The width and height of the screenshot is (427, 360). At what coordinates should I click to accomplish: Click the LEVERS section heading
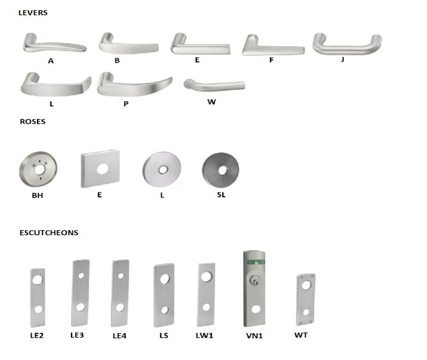tap(33, 13)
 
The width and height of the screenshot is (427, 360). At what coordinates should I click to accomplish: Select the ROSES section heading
tap(32, 121)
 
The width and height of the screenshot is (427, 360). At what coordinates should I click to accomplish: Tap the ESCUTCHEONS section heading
tap(49, 233)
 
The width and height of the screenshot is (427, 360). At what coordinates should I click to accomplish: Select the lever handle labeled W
tap(214, 84)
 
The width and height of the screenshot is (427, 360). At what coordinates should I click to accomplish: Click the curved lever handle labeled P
tap(133, 84)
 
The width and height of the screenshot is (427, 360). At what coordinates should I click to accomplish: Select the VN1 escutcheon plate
tap(254, 288)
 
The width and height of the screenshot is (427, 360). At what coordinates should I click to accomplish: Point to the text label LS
tap(164, 336)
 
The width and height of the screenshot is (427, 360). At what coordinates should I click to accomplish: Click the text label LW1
tap(206, 336)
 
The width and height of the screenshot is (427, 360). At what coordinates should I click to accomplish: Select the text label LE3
tap(77, 335)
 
